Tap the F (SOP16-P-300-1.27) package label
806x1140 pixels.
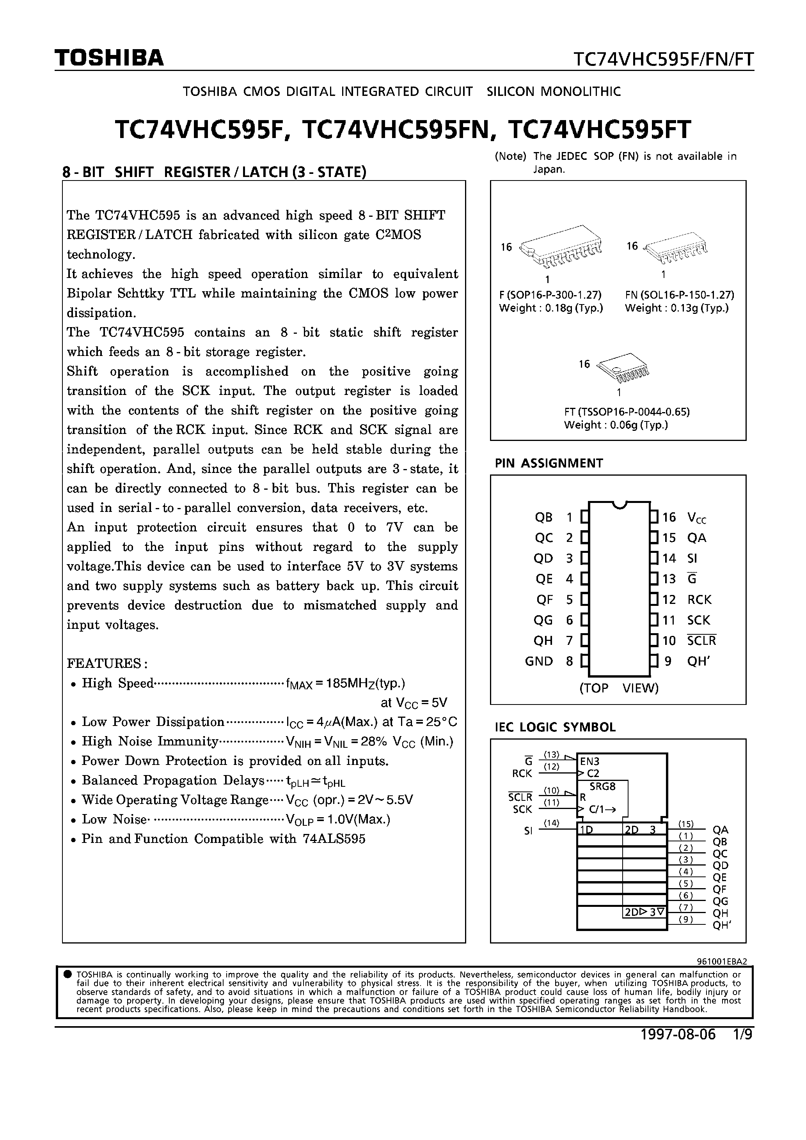pos(550,295)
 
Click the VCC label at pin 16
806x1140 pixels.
pos(696,518)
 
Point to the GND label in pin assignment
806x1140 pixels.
pos(539,661)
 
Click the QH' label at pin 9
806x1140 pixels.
pos(698,661)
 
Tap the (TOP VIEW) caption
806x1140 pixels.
pos(619,688)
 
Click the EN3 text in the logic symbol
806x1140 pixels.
pos(590,761)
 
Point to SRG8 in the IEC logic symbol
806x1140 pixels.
pos(602,786)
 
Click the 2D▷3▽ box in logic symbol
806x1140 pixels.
pos(644,912)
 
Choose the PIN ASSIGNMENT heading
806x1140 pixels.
pos(549,463)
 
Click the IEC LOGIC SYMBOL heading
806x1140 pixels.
pos(555,728)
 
